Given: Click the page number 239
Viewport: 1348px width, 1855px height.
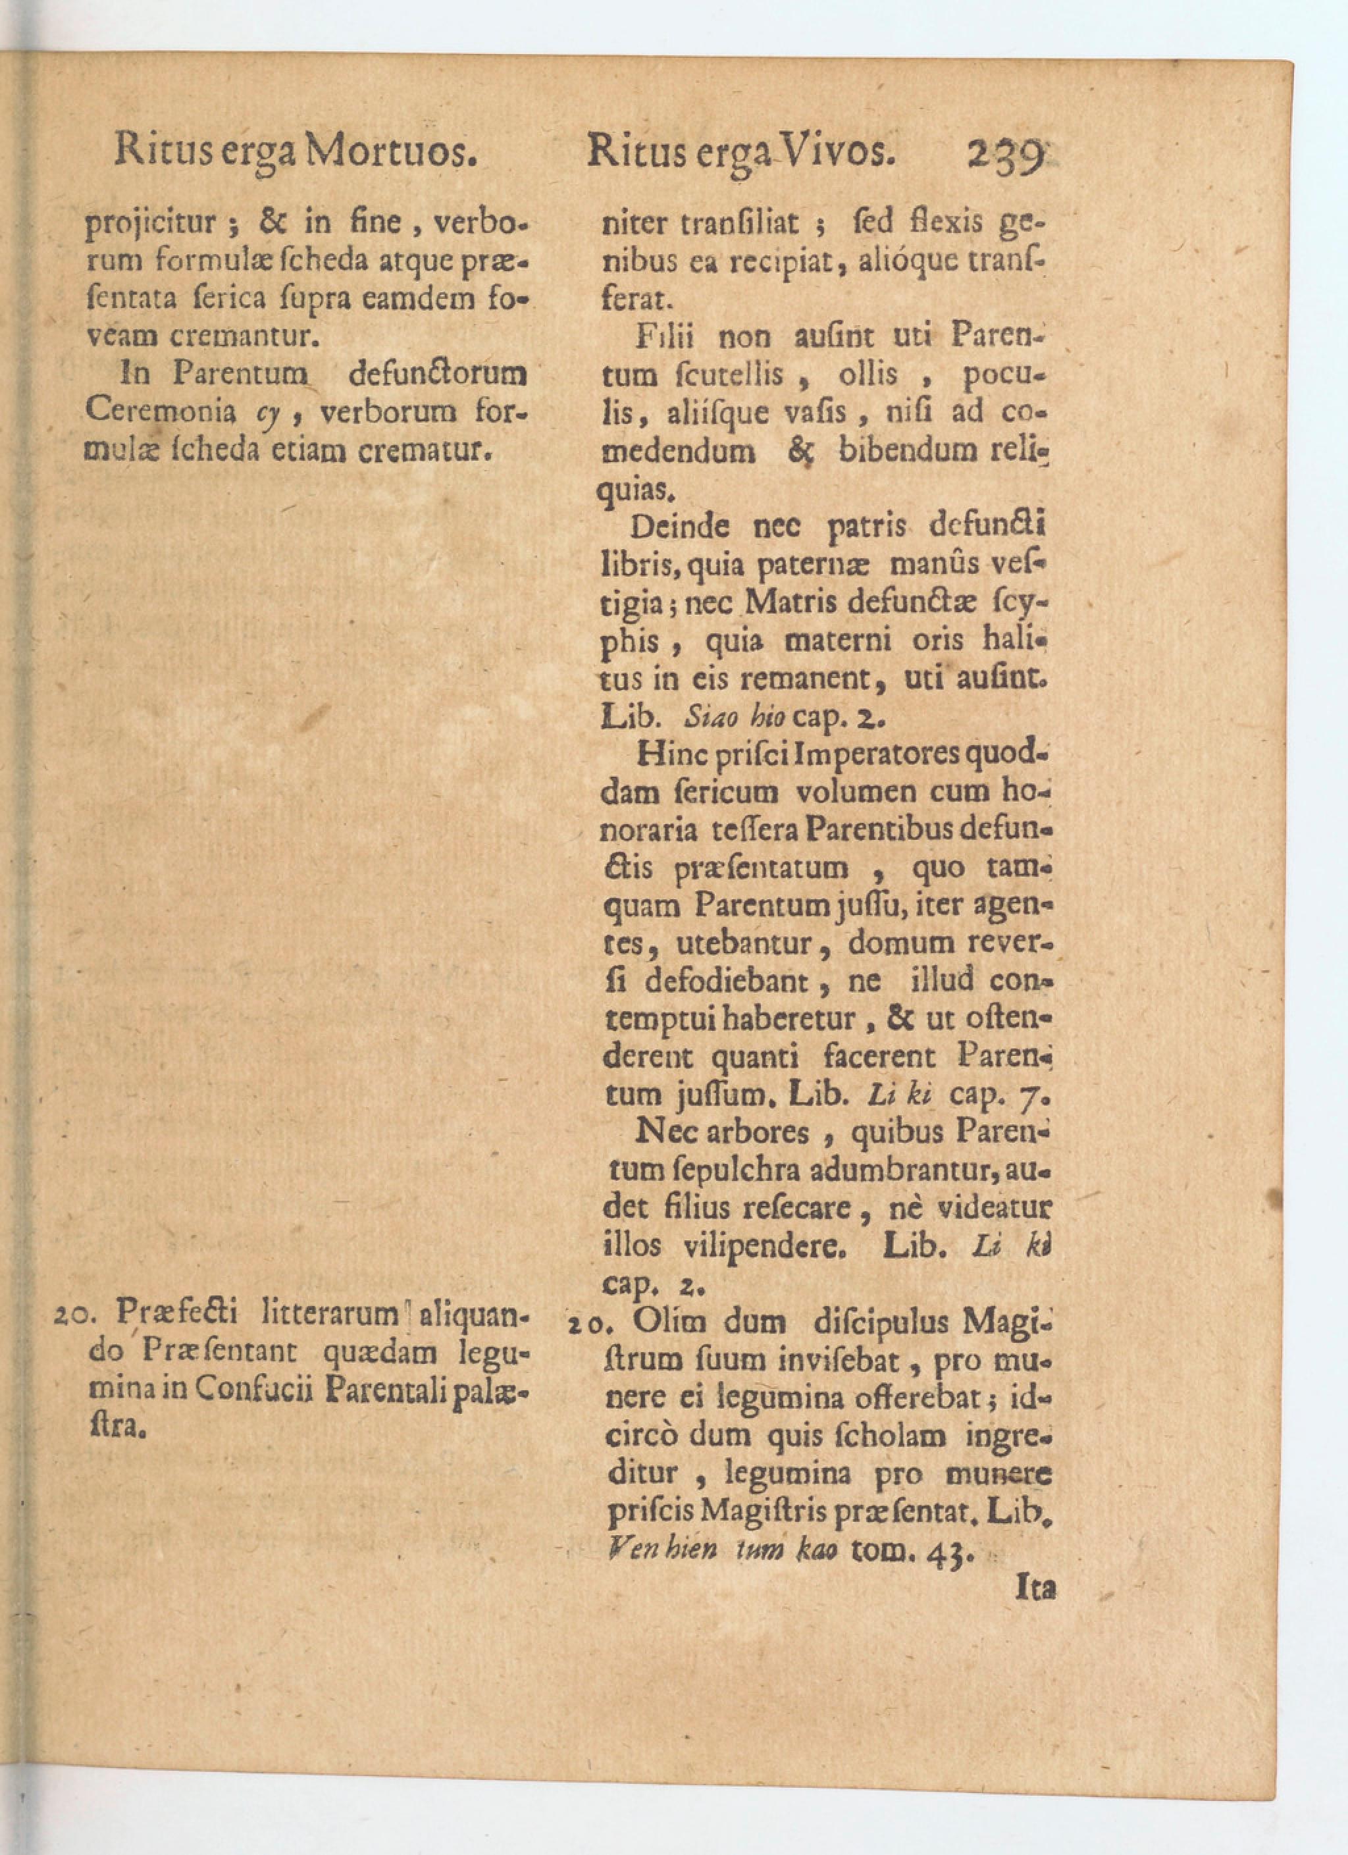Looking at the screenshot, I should [1006, 155].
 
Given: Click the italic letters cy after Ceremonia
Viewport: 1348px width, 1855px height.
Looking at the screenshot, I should [269, 413].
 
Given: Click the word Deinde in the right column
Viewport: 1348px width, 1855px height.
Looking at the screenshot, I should [679, 526].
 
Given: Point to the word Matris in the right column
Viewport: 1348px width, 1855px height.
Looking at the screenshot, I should [792, 603].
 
